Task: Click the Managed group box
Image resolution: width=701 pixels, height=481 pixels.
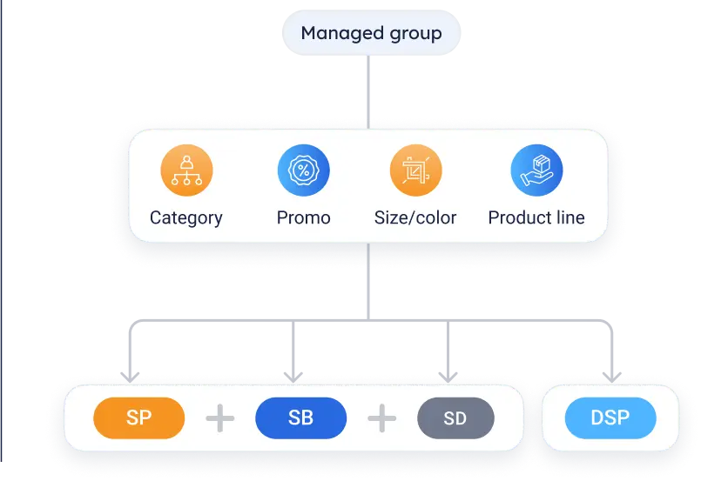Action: click(x=371, y=34)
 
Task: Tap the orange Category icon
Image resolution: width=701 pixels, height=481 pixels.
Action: click(x=186, y=170)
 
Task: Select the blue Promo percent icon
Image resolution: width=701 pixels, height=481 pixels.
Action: click(x=303, y=170)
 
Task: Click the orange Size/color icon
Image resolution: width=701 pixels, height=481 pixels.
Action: click(x=415, y=170)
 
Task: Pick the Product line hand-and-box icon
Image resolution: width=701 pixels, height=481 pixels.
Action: click(x=536, y=170)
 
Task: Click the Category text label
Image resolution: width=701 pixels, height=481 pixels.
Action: click(x=186, y=217)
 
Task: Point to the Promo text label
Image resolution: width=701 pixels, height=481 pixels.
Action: click(x=303, y=217)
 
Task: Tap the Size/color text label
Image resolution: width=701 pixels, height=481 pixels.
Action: click(x=415, y=217)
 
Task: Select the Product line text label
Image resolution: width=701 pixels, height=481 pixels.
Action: click(x=536, y=217)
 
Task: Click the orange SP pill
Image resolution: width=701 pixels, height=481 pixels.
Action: click(x=138, y=418)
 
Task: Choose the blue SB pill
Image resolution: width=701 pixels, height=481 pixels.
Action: click(x=300, y=418)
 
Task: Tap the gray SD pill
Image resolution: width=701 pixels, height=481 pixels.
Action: click(x=455, y=418)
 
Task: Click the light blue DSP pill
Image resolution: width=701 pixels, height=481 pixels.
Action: click(x=610, y=418)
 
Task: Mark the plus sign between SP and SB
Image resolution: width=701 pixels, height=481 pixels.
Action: click(x=219, y=418)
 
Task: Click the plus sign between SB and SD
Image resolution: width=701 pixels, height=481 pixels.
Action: click(x=381, y=418)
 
